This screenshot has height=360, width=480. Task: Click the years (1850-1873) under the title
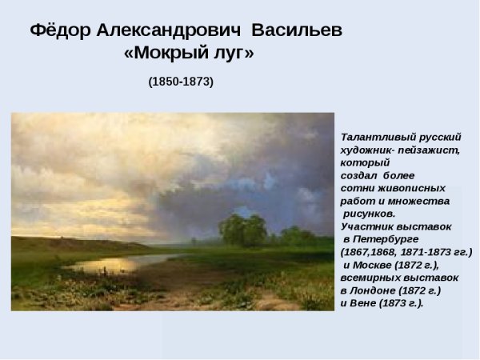(181, 82)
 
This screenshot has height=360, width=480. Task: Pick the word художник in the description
(367, 150)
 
